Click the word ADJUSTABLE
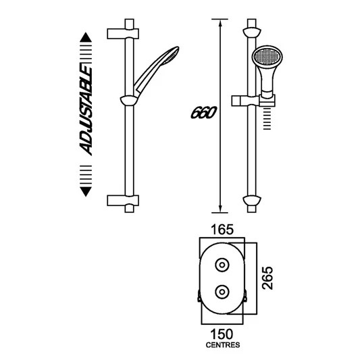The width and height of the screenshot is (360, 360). point(86,111)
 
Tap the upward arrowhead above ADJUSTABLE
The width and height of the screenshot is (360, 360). point(86,37)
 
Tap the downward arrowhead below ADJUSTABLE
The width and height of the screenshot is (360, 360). point(86,191)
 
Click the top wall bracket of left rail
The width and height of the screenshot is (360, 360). point(124,32)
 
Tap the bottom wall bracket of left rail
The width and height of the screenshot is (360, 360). point(124,201)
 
